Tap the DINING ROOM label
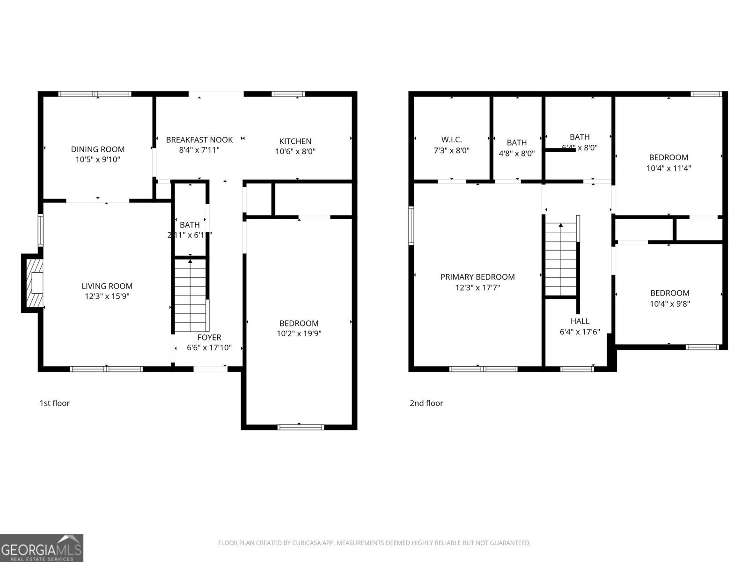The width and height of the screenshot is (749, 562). tap(98, 149)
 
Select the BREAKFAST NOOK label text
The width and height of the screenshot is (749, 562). tap(199, 140)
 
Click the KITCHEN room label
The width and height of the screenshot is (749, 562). tap(295, 141)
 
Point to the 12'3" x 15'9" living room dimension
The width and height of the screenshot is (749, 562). tap(107, 296)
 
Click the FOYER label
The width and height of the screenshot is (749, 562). tap(209, 337)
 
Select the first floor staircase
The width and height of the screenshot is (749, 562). tap(190, 295)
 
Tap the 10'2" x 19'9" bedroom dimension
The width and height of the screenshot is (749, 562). tap(299, 333)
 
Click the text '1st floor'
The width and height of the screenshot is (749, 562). tap(54, 403)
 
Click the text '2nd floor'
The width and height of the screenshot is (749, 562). tap(426, 403)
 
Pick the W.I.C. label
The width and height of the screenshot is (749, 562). tap(451, 140)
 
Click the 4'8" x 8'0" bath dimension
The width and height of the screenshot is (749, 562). tap(517, 153)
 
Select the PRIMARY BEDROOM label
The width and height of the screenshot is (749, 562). tap(477, 277)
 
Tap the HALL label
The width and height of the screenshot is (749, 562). tap(580, 321)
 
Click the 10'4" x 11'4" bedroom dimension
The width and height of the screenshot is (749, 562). tap(668, 168)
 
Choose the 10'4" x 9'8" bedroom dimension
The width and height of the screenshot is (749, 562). tap(670, 303)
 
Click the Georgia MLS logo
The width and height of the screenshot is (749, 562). tap(42, 548)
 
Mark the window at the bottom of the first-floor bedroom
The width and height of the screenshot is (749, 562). tap(301, 427)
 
